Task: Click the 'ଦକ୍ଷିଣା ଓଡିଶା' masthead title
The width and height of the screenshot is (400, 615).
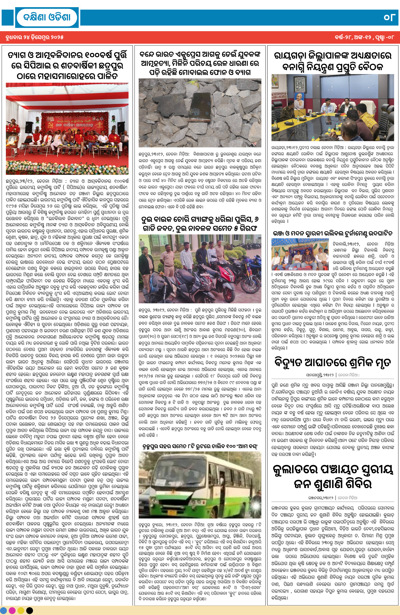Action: [x=47, y=17]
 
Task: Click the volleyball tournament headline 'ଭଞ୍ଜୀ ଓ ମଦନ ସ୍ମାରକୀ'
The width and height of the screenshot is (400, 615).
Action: [x=333, y=233]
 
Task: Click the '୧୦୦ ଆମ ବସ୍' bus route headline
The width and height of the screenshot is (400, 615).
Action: [x=200, y=446]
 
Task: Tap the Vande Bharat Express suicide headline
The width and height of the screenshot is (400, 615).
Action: [x=200, y=63]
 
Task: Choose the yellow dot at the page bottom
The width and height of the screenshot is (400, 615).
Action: [x=21, y=610]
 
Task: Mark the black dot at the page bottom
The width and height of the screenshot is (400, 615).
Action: [x=29, y=610]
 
